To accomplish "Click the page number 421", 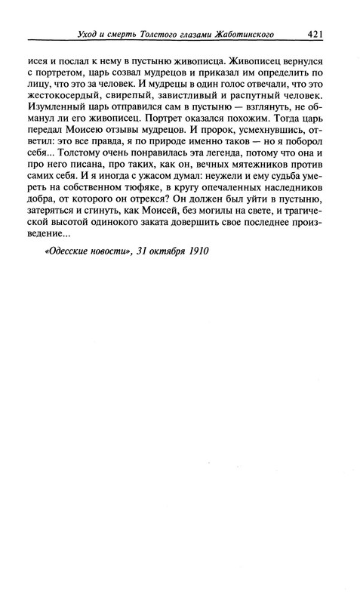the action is [315, 32].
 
